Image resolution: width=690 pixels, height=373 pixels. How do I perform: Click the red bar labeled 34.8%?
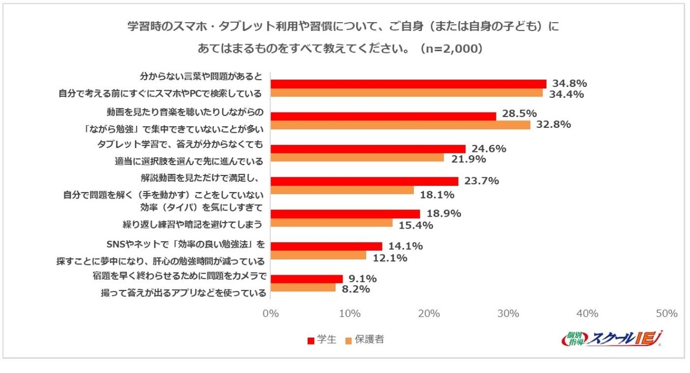[408, 84]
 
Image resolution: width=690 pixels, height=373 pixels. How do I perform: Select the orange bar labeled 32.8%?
[400, 125]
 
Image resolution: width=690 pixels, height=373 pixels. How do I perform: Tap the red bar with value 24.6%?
[368, 149]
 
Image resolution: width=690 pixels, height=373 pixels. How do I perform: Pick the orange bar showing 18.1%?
[342, 190]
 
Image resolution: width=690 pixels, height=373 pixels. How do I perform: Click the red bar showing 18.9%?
[345, 214]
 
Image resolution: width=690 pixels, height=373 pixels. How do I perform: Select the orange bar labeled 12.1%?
[318, 255]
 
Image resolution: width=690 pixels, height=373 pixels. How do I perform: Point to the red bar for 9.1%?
[306, 279]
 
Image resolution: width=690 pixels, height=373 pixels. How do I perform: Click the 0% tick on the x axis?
[270, 314]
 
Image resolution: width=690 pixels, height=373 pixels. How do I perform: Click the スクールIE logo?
[612, 338]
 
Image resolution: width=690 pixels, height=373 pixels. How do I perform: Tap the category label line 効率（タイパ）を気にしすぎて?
[201, 207]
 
